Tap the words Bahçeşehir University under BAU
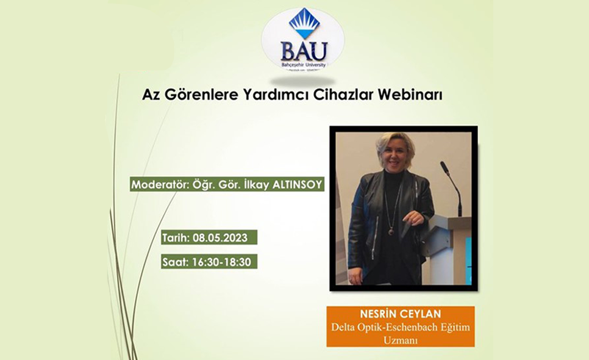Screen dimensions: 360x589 pyautogui.click(x=303, y=64)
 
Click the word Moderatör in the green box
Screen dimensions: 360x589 pyautogui.click(x=157, y=185)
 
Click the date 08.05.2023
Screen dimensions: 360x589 pyautogui.click(x=223, y=237)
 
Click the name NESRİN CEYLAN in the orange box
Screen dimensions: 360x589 pyautogui.click(x=400, y=315)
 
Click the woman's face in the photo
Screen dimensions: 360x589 pyautogui.click(x=396, y=156)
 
